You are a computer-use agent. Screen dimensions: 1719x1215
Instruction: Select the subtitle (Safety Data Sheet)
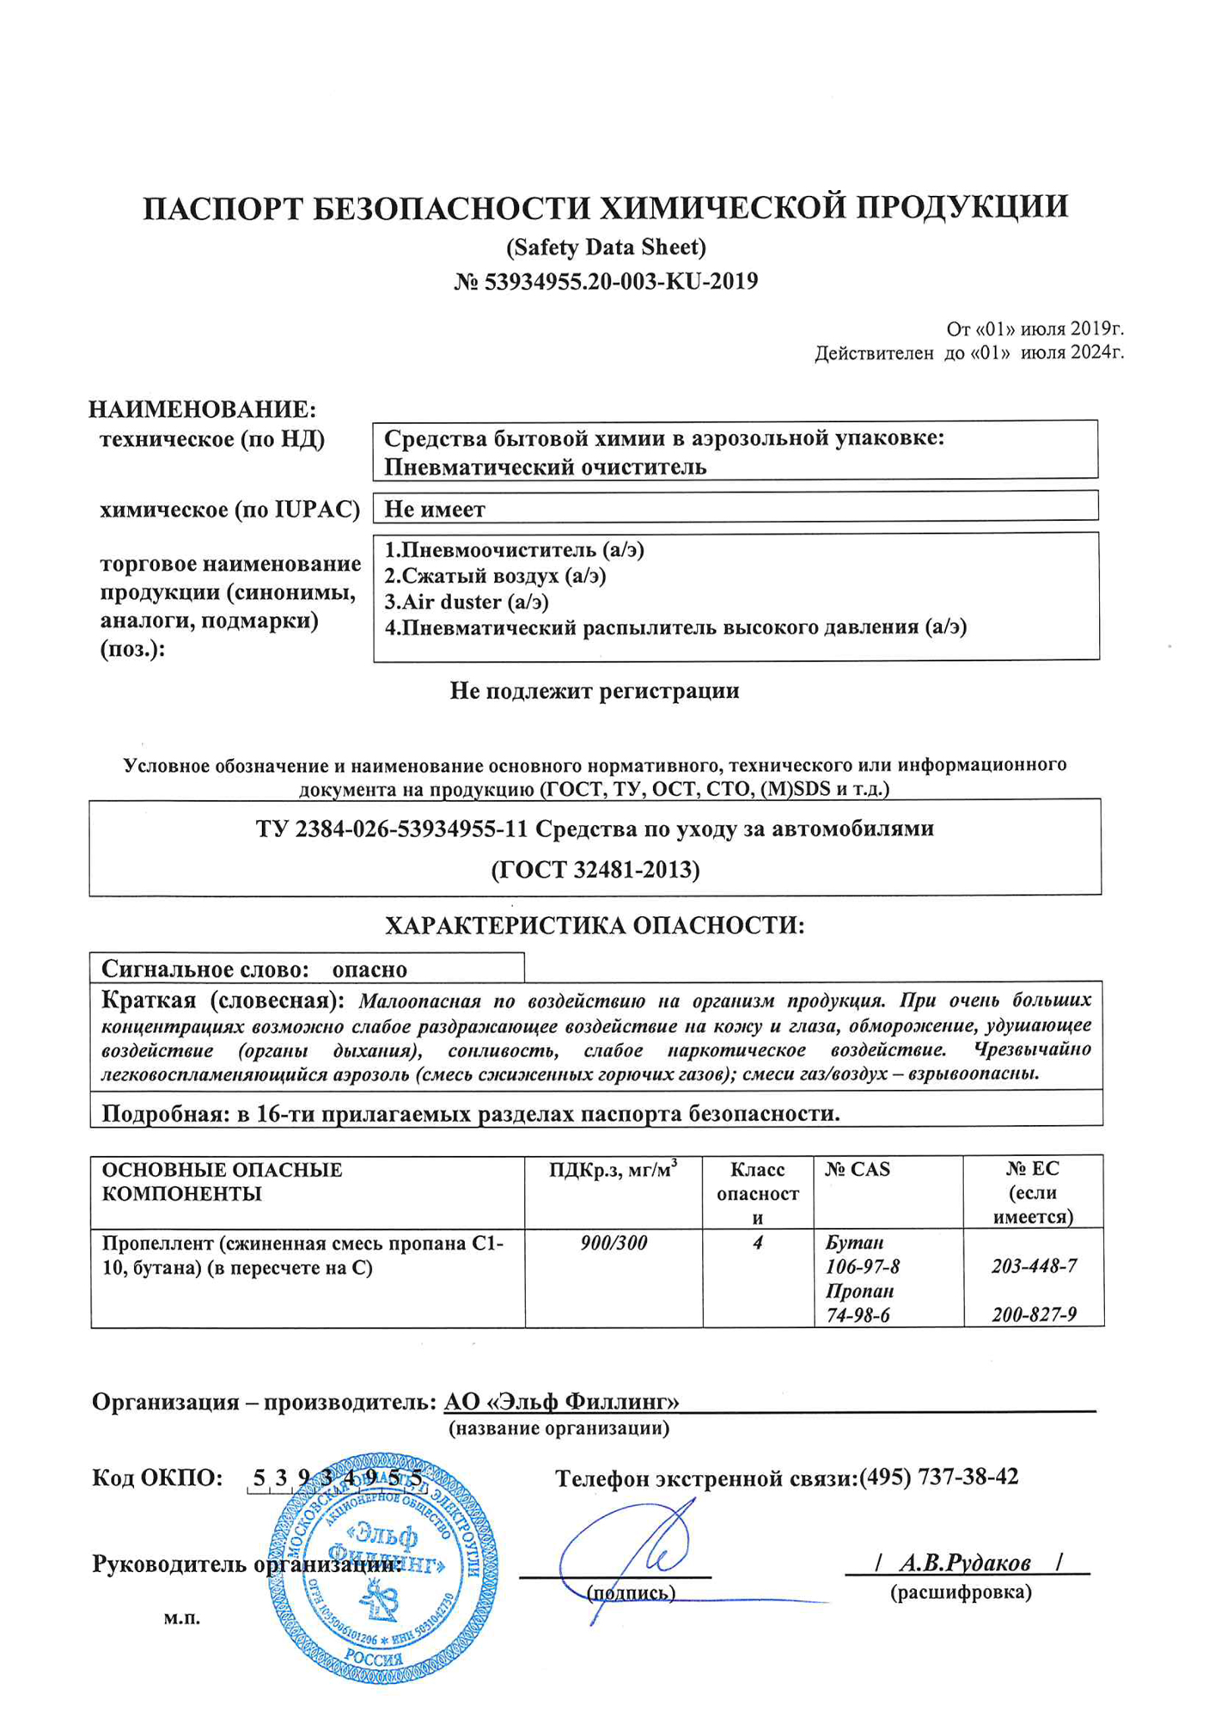(x=606, y=248)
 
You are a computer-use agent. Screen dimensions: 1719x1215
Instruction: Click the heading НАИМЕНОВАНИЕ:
(x=202, y=409)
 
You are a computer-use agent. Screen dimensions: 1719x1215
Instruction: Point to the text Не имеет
(x=434, y=510)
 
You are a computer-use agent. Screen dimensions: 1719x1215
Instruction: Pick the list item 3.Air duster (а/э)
(x=466, y=602)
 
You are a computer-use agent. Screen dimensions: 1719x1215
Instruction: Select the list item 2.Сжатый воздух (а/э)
(x=495, y=576)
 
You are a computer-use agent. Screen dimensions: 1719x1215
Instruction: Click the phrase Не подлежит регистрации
(x=594, y=691)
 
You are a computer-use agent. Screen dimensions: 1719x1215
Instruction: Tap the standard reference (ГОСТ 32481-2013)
(x=595, y=870)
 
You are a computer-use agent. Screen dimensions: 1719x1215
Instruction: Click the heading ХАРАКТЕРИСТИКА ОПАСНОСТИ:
(x=594, y=926)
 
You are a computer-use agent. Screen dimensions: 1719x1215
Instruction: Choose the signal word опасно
(x=369, y=970)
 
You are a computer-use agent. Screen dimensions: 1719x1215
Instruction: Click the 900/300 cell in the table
(x=614, y=1243)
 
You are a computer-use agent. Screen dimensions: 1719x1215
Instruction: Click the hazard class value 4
(x=757, y=1243)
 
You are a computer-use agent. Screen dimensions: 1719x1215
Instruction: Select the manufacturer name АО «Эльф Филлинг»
(x=561, y=1402)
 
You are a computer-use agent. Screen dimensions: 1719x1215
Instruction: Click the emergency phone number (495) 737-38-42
(x=938, y=1477)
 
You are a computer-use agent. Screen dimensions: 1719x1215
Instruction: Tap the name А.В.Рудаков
(x=964, y=1563)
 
